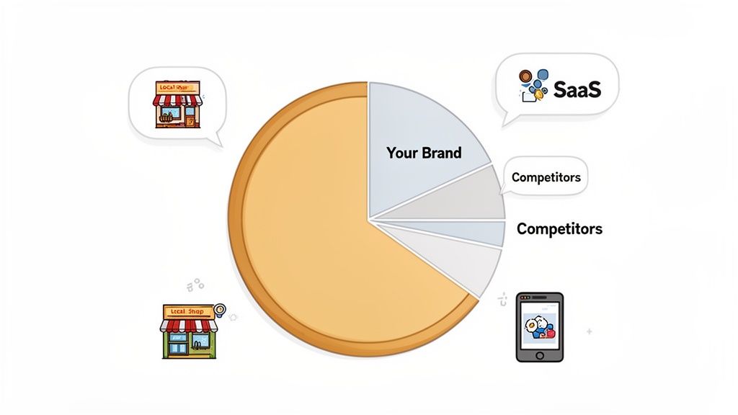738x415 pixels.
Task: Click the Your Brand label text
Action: point(424,153)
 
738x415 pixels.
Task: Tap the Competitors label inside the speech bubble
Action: point(546,177)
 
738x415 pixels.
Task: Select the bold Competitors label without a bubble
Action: point(559,229)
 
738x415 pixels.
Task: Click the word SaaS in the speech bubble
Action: point(577,89)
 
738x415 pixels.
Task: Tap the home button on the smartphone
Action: point(539,354)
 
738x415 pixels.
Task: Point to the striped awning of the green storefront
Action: point(189,326)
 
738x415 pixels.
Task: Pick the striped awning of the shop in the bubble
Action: point(177,100)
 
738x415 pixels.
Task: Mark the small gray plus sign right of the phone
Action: point(590,332)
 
